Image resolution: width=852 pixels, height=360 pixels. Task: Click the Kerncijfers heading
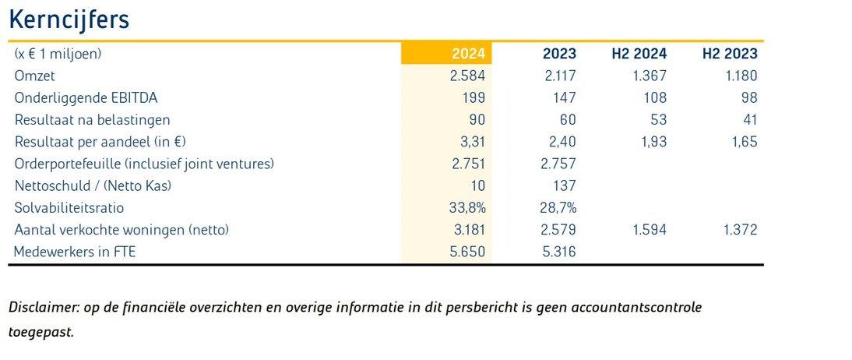click(x=69, y=20)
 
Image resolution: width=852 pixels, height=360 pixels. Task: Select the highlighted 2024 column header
click(x=468, y=54)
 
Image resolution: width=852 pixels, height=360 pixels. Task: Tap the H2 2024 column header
click(x=639, y=54)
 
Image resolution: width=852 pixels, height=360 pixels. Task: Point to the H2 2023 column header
click(x=730, y=54)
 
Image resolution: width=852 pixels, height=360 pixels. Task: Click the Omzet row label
click(x=34, y=76)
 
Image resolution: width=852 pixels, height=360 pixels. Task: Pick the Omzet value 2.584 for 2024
click(x=467, y=76)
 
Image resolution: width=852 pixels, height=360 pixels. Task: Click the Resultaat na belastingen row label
click(x=92, y=120)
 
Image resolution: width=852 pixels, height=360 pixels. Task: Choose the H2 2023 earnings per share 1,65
click(x=742, y=142)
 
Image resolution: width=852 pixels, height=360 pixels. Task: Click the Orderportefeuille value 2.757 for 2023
click(x=558, y=164)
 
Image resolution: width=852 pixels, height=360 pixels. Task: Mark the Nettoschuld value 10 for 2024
click(x=477, y=185)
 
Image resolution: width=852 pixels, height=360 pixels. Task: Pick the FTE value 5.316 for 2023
click(x=558, y=252)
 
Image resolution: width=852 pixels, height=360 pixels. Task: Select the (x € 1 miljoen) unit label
click(x=58, y=54)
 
